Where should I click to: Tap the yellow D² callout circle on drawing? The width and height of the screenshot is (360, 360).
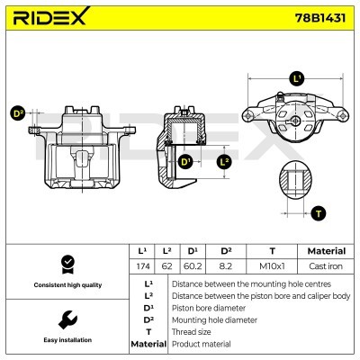point(18,113)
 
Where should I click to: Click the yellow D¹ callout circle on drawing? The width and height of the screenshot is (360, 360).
point(186,162)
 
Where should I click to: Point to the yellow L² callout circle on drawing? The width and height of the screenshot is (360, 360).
point(225,162)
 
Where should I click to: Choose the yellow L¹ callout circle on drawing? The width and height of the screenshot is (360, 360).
point(298,80)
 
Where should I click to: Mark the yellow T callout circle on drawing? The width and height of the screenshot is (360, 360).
point(318,213)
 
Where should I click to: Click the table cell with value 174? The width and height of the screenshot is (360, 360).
point(141,267)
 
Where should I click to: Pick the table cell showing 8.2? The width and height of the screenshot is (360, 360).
point(226,267)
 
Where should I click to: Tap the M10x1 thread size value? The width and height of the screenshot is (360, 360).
point(272,267)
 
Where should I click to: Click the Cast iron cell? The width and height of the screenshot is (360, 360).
point(326,267)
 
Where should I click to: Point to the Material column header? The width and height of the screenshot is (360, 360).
point(326,251)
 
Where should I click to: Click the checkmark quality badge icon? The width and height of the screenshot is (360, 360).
point(66,265)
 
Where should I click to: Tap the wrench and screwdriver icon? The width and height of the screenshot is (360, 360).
point(66,319)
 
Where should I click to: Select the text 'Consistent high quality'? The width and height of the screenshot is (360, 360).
point(66,285)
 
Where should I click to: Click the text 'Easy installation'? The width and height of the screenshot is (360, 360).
point(66,341)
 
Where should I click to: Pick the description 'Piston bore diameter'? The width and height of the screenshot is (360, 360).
point(207,307)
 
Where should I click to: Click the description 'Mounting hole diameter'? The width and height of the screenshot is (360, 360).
point(211,319)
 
